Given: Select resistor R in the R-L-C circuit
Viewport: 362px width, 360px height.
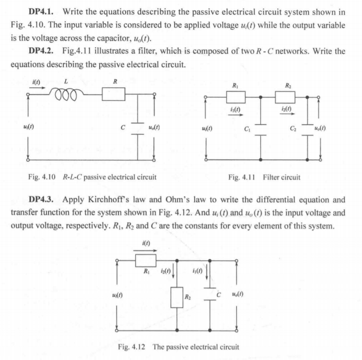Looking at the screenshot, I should coord(114,96).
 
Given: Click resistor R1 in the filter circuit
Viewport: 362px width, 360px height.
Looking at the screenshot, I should coord(235,98).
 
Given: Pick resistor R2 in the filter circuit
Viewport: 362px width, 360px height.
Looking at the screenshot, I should coord(286,98).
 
